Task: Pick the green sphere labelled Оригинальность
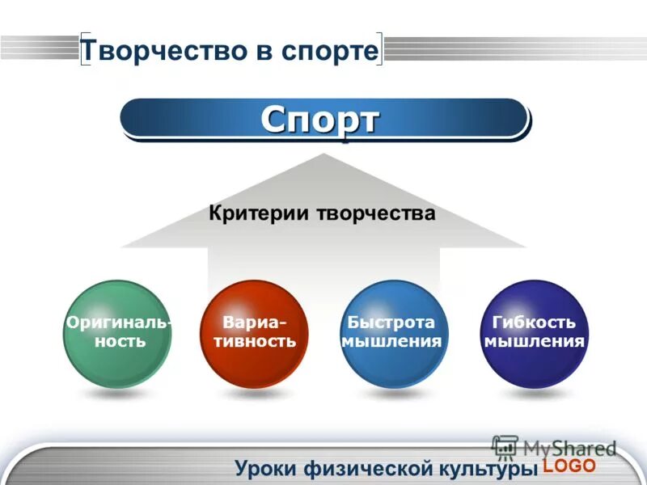pyautogui.click(x=118, y=333)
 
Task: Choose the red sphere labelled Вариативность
pyautogui.click(x=254, y=333)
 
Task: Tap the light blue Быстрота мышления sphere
pyautogui.click(x=392, y=333)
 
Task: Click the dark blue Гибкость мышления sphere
pyautogui.click(x=533, y=333)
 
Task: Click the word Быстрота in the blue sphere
pyautogui.click(x=392, y=323)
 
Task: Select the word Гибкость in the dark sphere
pyautogui.click(x=534, y=323)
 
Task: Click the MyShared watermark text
pyautogui.click(x=569, y=448)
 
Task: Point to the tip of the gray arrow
pyautogui.click(x=323, y=155)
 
